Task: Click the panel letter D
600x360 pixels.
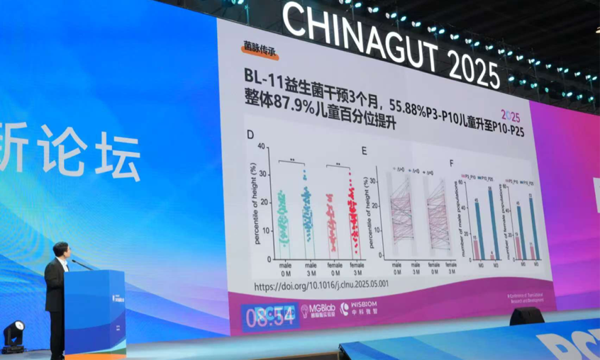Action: point(250,135)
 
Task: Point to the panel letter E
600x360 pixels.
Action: point(365,151)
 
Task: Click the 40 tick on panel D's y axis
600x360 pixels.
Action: point(262,147)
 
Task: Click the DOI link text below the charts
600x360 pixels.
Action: point(316,286)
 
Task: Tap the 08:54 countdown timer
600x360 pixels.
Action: point(270,317)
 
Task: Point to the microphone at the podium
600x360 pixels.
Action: point(80,264)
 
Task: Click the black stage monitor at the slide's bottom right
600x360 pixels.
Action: point(526,316)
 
